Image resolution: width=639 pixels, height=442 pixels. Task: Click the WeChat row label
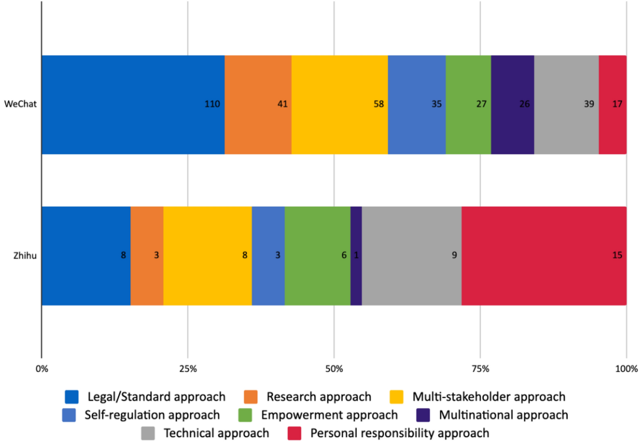[20, 104]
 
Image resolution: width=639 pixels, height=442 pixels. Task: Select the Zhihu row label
[25, 256]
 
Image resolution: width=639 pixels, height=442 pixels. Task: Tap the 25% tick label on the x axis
[188, 369]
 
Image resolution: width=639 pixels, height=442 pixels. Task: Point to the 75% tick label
[480, 369]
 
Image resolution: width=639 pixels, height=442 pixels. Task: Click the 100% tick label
[626, 369]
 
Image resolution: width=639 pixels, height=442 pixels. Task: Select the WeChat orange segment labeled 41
[258, 104]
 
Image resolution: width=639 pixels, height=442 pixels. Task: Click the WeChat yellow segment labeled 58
[339, 104]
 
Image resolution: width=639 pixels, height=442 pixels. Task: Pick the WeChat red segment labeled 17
[613, 104]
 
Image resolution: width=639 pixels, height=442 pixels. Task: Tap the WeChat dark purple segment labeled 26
[512, 104]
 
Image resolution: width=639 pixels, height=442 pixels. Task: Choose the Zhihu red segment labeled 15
[544, 256]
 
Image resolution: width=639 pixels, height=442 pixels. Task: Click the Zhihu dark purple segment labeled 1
[356, 256]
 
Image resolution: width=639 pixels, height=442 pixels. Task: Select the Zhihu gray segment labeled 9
[412, 256]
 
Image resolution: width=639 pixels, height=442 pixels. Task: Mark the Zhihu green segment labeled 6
[317, 256]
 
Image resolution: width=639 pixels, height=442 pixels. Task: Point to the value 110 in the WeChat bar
[212, 104]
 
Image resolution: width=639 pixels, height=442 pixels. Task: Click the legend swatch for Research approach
[251, 397]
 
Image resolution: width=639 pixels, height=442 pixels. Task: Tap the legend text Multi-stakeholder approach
[489, 397]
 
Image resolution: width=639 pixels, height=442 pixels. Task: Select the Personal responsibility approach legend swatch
[294, 433]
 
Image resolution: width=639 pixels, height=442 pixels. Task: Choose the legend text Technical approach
[216, 433]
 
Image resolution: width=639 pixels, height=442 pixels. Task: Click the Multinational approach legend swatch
[423, 415]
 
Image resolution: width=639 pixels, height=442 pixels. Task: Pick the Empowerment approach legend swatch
[245, 415]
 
